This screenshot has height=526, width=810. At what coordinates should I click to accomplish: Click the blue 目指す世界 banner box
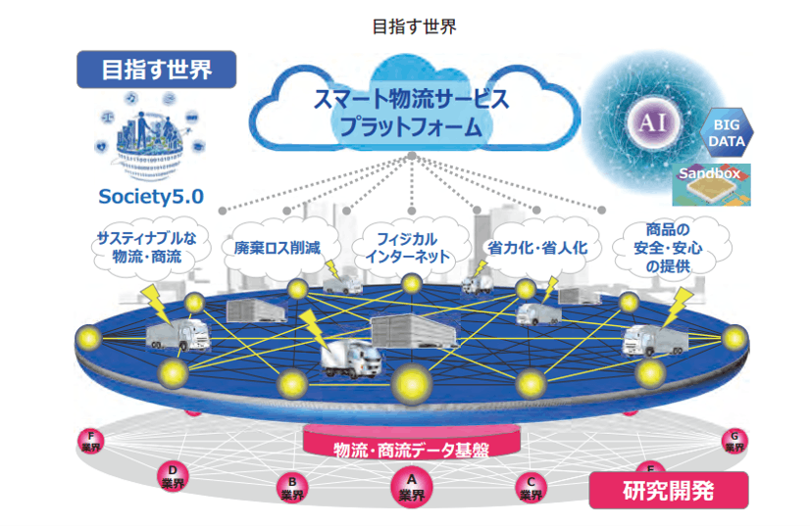157,70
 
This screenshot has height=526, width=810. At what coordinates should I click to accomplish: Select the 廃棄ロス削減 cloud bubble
278,248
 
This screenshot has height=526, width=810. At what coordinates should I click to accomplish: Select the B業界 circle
291,488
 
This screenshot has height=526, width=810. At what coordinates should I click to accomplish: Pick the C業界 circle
531,488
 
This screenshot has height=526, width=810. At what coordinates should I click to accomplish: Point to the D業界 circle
173,477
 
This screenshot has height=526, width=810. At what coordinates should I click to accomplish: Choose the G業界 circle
733,441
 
